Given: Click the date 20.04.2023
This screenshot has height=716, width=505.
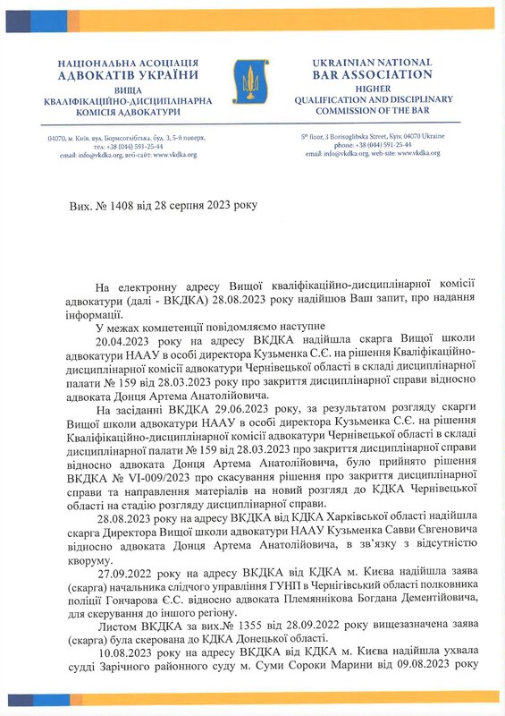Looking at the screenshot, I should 121,341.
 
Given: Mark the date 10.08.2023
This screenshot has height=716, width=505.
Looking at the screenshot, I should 122,660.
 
